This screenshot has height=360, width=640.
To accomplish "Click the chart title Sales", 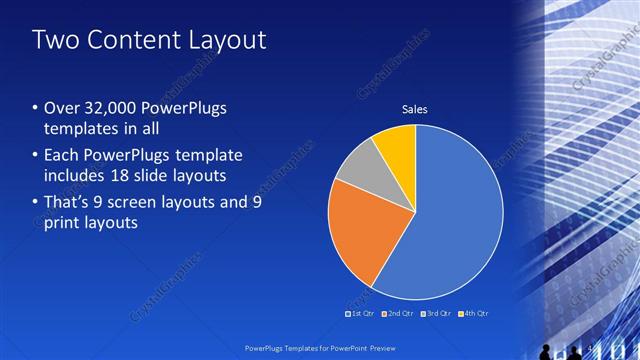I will [x=415, y=109].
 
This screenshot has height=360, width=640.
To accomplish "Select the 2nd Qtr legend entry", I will [x=399, y=314].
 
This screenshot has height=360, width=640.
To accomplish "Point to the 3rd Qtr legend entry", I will [x=437, y=314].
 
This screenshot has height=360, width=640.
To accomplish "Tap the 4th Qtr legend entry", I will [x=474, y=314].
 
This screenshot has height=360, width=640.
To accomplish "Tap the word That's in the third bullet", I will [x=69, y=200].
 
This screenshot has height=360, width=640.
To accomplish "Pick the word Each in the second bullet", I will [x=61, y=155].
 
